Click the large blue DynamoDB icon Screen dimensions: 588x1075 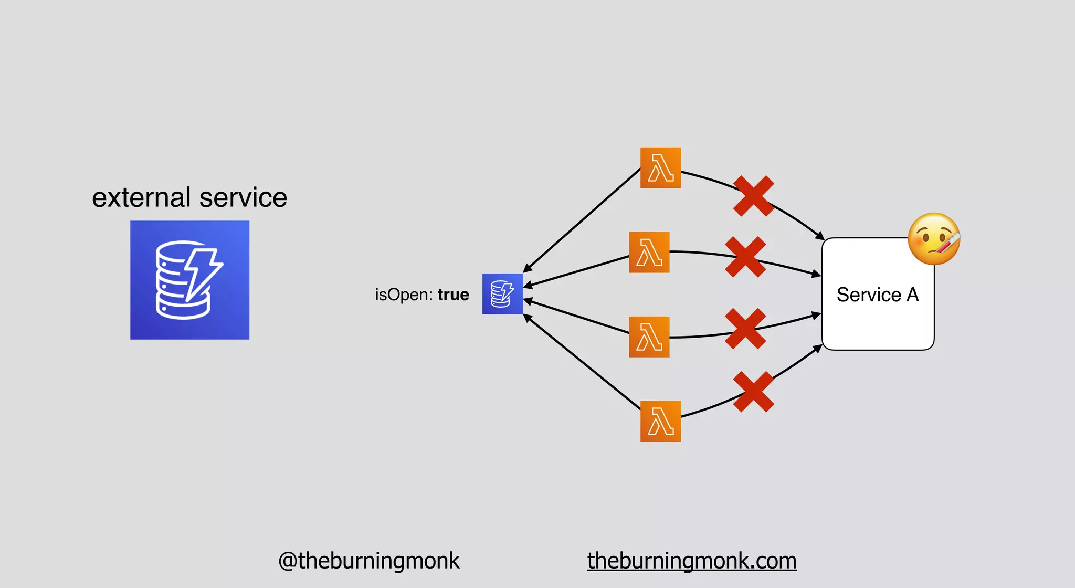pyautogui.click(x=189, y=280)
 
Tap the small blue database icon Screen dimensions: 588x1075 pyautogui.click(x=502, y=294)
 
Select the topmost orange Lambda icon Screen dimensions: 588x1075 pyautogui.click(x=660, y=168)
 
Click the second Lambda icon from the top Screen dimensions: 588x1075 pyautogui.click(x=649, y=253)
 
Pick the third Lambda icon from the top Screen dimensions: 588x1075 pyautogui.click(x=649, y=337)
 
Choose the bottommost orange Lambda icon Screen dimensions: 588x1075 pyautogui.click(x=660, y=422)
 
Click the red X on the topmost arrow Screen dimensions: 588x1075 pyautogui.click(x=753, y=196)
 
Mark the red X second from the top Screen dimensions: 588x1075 pyautogui.click(x=745, y=257)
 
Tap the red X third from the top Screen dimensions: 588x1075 pyautogui.click(x=745, y=329)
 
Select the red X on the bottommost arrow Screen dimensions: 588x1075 pyautogui.click(x=753, y=392)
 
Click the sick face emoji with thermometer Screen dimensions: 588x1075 pyautogui.click(x=934, y=239)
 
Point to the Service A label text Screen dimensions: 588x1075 pyautogui.click(x=878, y=295)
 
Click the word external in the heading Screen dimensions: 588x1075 pyautogui.click(x=141, y=197)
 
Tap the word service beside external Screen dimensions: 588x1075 pyautogui.click(x=243, y=197)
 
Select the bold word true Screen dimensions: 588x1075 pyautogui.click(x=454, y=295)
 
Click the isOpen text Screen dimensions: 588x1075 pyautogui.click(x=404, y=295)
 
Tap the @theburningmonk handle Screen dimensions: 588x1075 pyautogui.click(x=368, y=561)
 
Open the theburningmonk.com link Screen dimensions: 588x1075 pyautogui.click(x=692, y=561)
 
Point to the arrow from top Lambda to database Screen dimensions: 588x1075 pyautogui.click(x=583, y=219)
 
